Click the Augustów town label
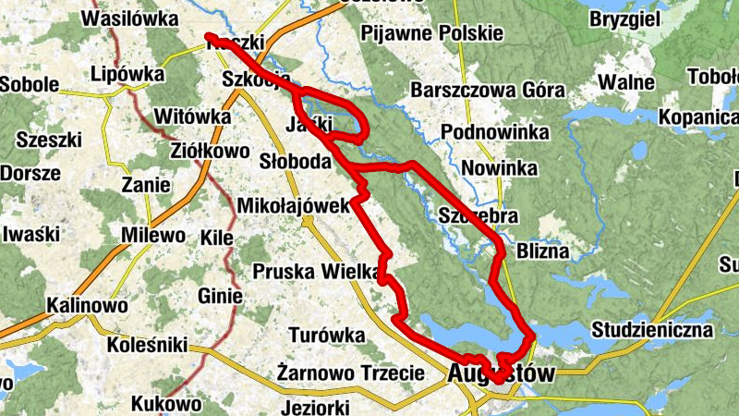pyautogui.click(x=500, y=374)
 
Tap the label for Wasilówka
pyautogui.click(x=130, y=18)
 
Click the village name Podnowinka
pyautogui.click(x=491, y=132)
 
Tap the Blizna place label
pyautogui.click(x=543, y=251)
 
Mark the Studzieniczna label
pyautogui.click(x=653, y=330)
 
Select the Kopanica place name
pyautogui.click(x=698, y=117)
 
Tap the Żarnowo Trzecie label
pyautogui.click(x=351, y=373)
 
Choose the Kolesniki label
pyautogui.click(x=147, y=346)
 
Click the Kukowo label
pyautogui.click(x=166, y=403)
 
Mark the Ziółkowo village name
pyautogui.click(x=212, y=149)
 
